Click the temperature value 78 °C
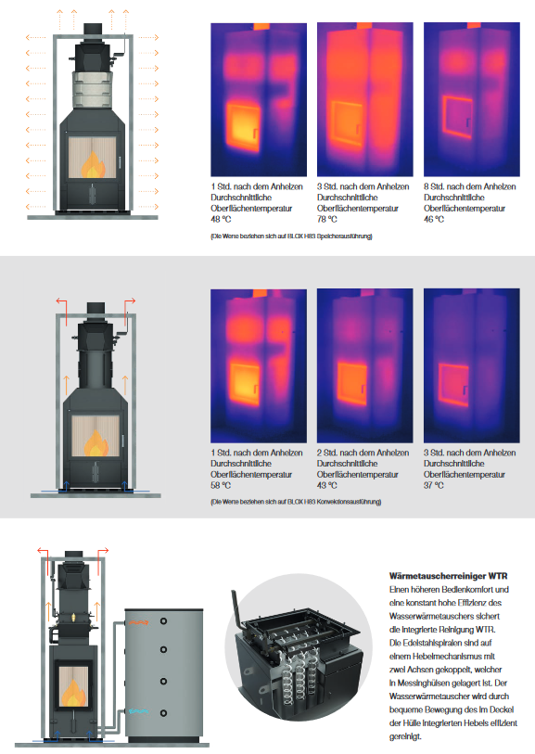coord(327,219)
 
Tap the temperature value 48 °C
coord(221,219)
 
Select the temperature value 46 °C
coord(434,219)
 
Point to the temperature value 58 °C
coord(221,485)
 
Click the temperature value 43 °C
coord(327,485)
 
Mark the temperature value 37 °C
coord(434,485)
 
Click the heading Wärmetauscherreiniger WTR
coord(448,576)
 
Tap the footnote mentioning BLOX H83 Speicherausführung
coord(291,236)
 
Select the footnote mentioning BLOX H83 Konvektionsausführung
coord(296,502)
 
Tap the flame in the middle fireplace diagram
coord(96,444)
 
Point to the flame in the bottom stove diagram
coord(73,694)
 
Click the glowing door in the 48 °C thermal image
coord(243,127)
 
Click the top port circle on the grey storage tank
coord(163,621)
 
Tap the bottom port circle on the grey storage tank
coord(163,712)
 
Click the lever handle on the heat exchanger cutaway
coord(236,607)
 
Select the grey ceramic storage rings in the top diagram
coord(94,90)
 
